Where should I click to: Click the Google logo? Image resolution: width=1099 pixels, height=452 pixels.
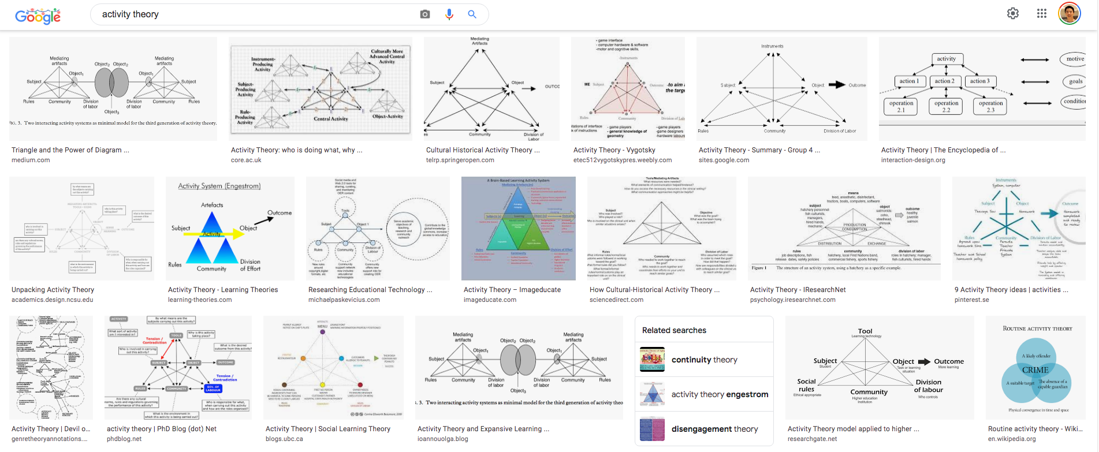pos(38,16)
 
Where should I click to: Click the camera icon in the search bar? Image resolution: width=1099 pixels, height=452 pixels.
pos(425,14)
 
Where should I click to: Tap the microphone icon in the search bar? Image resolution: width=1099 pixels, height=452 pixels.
pos(449,14)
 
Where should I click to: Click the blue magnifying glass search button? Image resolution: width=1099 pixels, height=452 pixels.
pos(472,14)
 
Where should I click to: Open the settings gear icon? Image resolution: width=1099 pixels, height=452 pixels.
pos(1013,13)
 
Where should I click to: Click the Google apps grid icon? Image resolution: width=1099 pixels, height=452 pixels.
pos(1042,13)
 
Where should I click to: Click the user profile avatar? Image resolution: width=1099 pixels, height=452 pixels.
pos(1069,13)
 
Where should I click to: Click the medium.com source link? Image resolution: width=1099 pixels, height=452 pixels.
pos(31,160)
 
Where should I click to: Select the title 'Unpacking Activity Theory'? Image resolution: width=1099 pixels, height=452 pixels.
pos(53,290)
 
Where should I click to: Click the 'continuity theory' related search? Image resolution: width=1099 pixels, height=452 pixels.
pos(704,360)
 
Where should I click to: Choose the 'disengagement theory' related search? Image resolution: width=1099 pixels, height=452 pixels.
pos(714,429)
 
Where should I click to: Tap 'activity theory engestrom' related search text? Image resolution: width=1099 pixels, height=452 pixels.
pos(720,394)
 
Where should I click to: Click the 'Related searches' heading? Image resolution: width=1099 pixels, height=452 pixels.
pos(674,330)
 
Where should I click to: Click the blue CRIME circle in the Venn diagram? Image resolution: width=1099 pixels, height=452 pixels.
pos(1035,370)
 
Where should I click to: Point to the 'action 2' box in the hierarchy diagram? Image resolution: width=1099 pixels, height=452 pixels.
pos(945,81)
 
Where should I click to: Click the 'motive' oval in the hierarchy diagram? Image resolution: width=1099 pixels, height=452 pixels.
pos(1074,59)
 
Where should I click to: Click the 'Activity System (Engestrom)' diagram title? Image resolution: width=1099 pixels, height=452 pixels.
pos(219,186)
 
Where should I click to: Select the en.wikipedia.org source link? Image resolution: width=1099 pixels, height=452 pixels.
pos(1012,439)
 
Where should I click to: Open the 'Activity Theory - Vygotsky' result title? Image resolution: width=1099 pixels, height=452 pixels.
pos(614,150)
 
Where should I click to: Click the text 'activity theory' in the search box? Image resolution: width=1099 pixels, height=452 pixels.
pos(131,14)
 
